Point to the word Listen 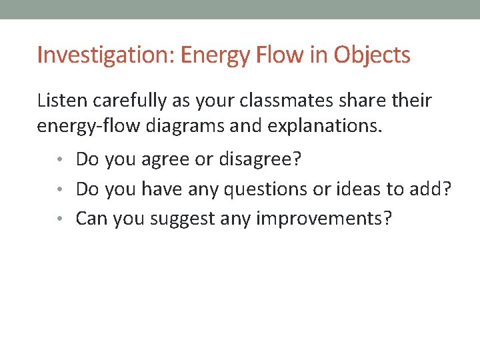coord(62,101)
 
